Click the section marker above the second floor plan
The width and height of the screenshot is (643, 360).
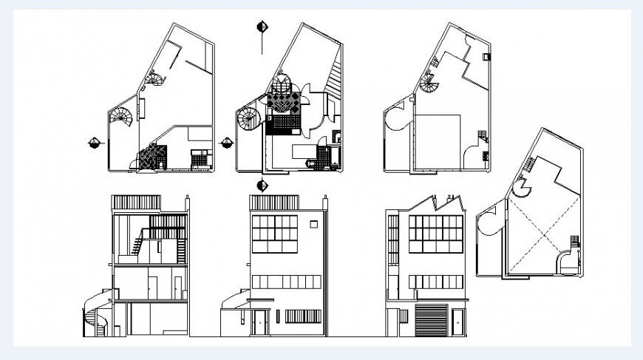click(x=262, y=27)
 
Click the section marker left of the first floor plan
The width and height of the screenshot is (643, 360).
click(x=94, y=143)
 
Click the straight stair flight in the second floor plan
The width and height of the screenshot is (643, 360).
click(x=336, y=73)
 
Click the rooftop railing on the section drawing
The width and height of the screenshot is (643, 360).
click(x=135, y=203)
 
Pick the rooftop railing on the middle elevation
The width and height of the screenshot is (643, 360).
click(x=273, y=203)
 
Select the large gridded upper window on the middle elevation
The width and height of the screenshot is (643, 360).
click(x=274, y=234)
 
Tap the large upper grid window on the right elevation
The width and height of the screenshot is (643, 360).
click(x=436, y=234)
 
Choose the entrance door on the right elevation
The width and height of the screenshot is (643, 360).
click(x=458, y=322)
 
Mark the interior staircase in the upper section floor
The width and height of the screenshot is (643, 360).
click(x=137, y=242)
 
